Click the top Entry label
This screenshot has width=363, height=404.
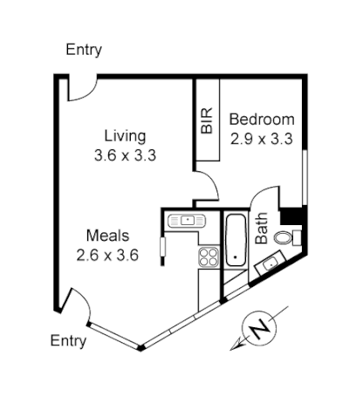point(84,50)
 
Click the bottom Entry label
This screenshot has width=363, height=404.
point(68,340)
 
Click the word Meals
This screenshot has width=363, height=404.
point(107,236)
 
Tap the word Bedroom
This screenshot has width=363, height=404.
point(262,119)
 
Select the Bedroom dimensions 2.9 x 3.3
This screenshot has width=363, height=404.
point(261,138)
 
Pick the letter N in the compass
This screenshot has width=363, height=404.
point(258,329)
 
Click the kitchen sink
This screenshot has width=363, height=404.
point(187,220)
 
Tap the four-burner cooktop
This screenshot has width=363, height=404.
point(209,257)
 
